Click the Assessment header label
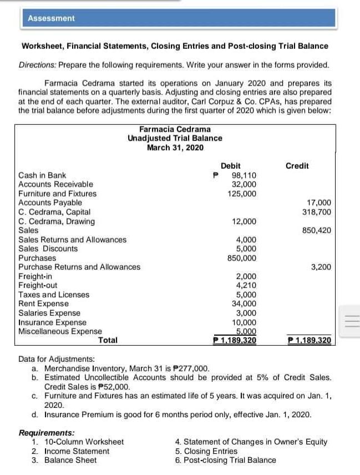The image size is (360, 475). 51,18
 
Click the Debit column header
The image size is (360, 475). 230,165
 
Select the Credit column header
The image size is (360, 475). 297,165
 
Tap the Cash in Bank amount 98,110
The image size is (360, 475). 244,175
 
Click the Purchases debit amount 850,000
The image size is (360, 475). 242,257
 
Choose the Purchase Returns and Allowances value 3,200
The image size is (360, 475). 321,267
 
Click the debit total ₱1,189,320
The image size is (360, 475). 235,340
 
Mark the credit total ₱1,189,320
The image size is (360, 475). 310,340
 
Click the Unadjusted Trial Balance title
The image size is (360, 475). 175,138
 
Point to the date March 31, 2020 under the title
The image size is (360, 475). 175,147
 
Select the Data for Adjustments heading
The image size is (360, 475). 57,359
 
